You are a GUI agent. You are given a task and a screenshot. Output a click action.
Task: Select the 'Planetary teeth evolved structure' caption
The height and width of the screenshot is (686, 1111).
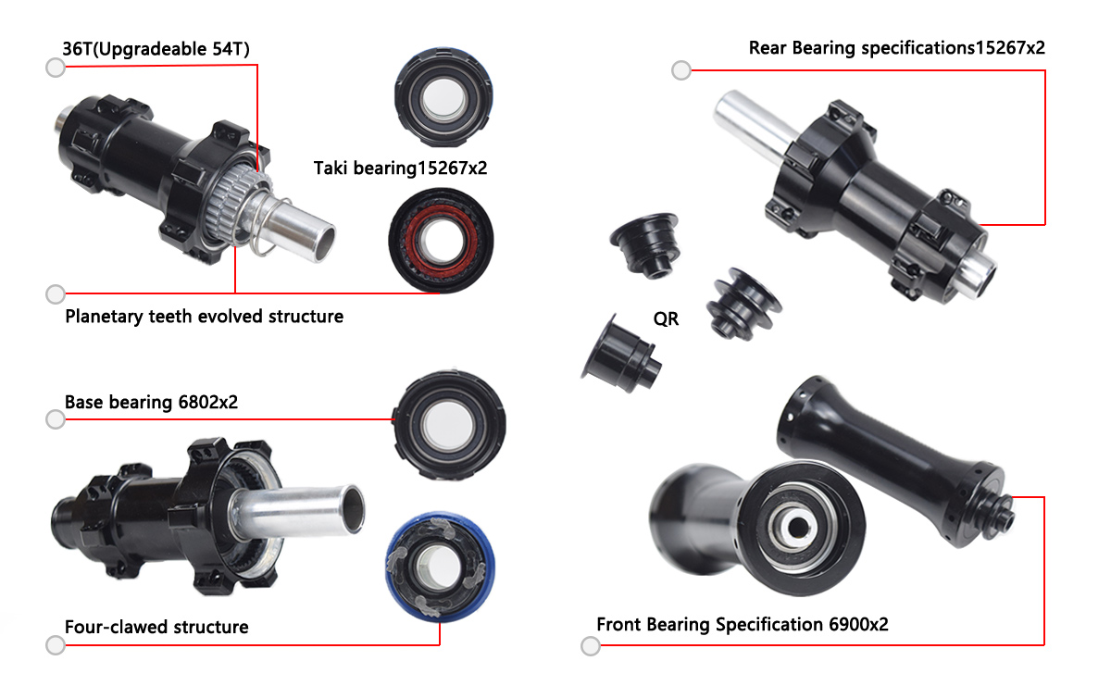pos(204,317)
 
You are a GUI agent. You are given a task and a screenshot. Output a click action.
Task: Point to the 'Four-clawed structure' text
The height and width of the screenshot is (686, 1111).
pos(156,627)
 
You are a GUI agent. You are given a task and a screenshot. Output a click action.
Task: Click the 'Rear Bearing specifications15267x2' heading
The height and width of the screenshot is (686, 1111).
pos(896,48)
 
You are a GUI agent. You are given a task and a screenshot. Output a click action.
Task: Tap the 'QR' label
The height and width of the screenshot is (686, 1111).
pos(666,319)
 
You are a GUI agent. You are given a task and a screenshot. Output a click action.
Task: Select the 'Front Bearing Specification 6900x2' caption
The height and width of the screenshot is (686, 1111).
pos(742,624)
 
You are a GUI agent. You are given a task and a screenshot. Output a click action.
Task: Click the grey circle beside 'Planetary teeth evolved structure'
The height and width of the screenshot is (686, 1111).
pos(55,294)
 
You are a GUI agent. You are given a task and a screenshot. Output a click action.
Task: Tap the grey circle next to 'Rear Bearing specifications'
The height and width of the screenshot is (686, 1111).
pos(681,69)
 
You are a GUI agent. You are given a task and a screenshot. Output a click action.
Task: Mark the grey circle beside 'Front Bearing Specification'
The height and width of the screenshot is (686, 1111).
pos(590,645)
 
